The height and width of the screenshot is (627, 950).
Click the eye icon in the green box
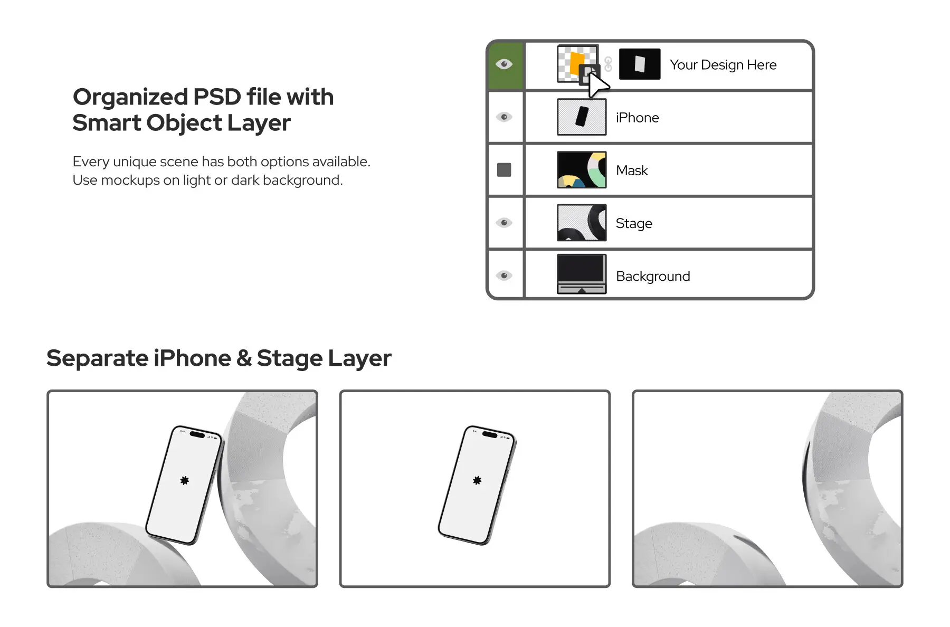(x=504, y=64)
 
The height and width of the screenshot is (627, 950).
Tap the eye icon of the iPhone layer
(x=504, y=117)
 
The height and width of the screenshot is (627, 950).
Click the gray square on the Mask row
(x=504, y=170)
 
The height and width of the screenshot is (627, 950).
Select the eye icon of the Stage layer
(x=504, y=223)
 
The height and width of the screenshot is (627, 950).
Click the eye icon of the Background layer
(x=504, y=275)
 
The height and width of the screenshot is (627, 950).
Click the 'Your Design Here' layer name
(x=723, y=65)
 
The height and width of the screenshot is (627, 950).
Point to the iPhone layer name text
(x=637, y=118)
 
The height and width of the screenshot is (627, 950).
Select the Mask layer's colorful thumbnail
(x=582, y=170)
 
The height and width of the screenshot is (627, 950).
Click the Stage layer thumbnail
(x=582, y=223)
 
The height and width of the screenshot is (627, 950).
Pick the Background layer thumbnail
(x=582, y=274)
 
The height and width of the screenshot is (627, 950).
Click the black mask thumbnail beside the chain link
(x=639, y=64)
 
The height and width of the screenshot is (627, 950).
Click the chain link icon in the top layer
(x=608, y=64)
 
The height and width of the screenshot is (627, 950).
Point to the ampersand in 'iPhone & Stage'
(x=244, y=358)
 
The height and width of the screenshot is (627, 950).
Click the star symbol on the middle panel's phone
(x=477, y=480)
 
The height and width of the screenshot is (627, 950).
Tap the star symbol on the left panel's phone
(x=184, y=480)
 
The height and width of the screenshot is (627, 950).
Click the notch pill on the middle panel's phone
(x=489, y=435)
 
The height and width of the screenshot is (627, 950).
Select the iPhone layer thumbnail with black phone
(x=582, y=117)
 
